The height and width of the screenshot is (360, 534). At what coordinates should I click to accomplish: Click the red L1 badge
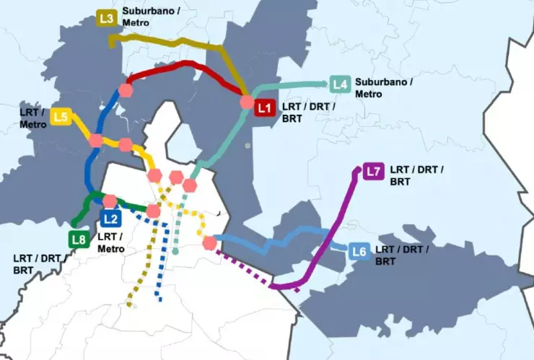(x=264, y=108)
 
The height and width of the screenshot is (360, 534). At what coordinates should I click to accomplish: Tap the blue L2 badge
(x=110, y=218)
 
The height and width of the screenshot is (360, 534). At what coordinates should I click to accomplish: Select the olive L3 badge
(x=108, y=19)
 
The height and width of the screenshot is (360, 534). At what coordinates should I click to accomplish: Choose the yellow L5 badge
(x=61, y=117)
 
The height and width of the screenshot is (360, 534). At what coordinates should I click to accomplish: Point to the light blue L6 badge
(x=360, y=252)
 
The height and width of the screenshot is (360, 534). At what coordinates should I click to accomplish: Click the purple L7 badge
(x=373, y=172)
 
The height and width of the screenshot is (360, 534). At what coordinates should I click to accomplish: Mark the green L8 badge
(x=79, y=238)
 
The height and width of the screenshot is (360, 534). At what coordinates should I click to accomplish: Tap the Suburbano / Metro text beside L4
(x=382, y=87)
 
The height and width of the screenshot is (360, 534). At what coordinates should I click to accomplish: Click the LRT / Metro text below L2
(x=110, y=242)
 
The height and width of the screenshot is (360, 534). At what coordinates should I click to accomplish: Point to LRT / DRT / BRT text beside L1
(x=307, y=113)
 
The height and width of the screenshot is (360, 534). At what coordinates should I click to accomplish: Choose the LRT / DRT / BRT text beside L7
(x=416, y=175)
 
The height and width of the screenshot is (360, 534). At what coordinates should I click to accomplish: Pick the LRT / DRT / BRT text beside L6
(x=401, y=255)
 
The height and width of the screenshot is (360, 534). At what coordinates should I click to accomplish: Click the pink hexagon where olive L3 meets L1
(x=248, y=103)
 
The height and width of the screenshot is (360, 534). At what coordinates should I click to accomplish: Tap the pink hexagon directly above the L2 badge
(x=110, y=201)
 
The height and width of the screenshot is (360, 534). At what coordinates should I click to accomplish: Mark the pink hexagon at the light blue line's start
(x=210, y=243)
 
